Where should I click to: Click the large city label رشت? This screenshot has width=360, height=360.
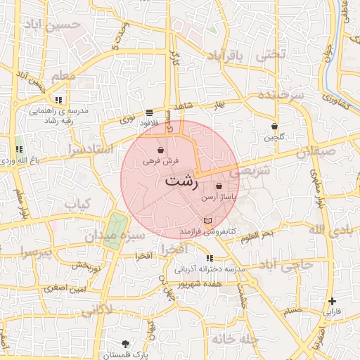click(181, 181)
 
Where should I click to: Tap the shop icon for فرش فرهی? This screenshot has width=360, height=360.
click(161, 150)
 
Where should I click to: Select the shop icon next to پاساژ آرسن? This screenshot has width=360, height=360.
click(219, 186)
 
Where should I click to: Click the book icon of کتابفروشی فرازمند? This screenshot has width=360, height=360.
click(206, 221)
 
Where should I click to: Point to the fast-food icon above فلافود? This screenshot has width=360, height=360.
click(149, 112)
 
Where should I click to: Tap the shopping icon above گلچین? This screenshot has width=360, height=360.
click(274, 126)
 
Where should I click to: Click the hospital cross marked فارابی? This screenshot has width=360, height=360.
click(332, 301)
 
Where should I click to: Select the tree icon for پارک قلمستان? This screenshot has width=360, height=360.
click(126, 344)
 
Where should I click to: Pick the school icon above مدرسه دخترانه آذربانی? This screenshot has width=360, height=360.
click(210, 258)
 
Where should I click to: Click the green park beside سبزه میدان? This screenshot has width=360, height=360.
click(117, 224)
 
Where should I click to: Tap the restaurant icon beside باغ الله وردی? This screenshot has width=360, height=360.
click(19, 149)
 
